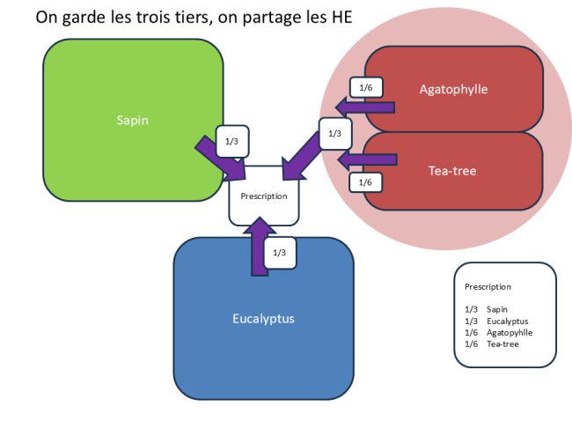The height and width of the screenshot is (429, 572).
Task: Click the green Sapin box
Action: (x=132, y=120)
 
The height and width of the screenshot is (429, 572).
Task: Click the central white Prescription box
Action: (x=264, y=196)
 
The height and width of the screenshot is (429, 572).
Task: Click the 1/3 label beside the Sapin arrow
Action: (x=231, y=141)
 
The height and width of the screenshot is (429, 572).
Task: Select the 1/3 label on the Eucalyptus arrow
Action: (x=279, y=253)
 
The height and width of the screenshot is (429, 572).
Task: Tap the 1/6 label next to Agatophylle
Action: (x=366, y=86)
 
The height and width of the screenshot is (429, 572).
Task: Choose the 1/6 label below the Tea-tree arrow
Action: (x=366, y=181)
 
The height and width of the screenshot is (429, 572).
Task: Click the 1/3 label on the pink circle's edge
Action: (x=334, y=134)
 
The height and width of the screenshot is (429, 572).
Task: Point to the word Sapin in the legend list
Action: (x=497, y=309)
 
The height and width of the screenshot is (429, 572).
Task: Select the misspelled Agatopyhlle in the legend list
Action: (x=510, y=332)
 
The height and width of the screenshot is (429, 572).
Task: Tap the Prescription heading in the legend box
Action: (x=488, y=286)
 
